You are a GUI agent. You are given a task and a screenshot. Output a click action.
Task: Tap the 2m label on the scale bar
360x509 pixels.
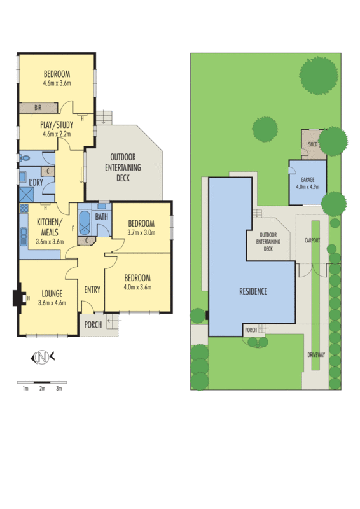coord(41,387)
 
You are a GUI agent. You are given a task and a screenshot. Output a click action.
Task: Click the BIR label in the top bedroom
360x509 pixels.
coord(38,108)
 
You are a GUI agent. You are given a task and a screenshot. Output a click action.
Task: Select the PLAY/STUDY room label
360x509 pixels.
coord(57,129)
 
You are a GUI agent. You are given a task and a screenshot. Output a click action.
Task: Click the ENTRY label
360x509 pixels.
coord(92,289)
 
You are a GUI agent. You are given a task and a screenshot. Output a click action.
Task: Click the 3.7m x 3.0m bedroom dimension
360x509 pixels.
coord(141,233)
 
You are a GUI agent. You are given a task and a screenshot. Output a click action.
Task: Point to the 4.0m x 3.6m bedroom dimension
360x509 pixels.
coord(137,288)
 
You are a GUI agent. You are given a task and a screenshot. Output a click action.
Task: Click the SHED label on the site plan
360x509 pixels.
coord(312,144)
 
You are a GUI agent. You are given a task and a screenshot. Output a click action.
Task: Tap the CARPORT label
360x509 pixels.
coord(312,241)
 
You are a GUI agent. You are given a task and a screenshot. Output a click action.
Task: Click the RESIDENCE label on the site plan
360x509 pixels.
coord(253,291)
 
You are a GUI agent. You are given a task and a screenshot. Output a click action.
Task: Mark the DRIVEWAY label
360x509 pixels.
coord(316,355)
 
